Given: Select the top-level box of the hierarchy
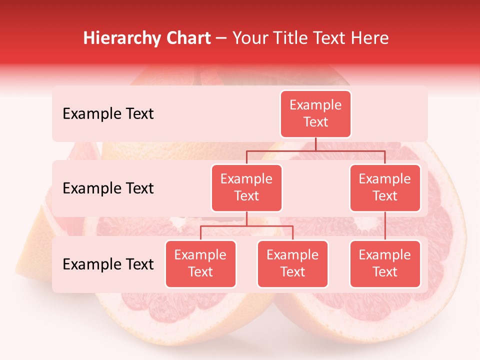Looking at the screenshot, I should [315, 114].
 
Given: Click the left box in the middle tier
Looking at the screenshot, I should [246, 188].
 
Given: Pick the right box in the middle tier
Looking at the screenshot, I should [385, 188].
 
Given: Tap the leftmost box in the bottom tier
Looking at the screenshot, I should [200, 264].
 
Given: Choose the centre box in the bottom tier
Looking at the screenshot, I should [292, 264].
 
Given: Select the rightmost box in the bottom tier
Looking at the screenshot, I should [385, 264].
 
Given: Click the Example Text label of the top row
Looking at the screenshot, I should [108, 114].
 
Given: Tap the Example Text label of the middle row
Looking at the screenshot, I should [108, 188].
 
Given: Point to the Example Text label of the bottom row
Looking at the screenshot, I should [108, 264].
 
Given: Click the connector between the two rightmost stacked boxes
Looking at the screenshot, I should [385, 226].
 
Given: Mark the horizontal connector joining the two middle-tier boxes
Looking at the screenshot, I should [315, 150].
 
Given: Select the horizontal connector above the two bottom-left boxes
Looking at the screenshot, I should [246, 226].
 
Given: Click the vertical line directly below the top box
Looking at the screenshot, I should [315, 144].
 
